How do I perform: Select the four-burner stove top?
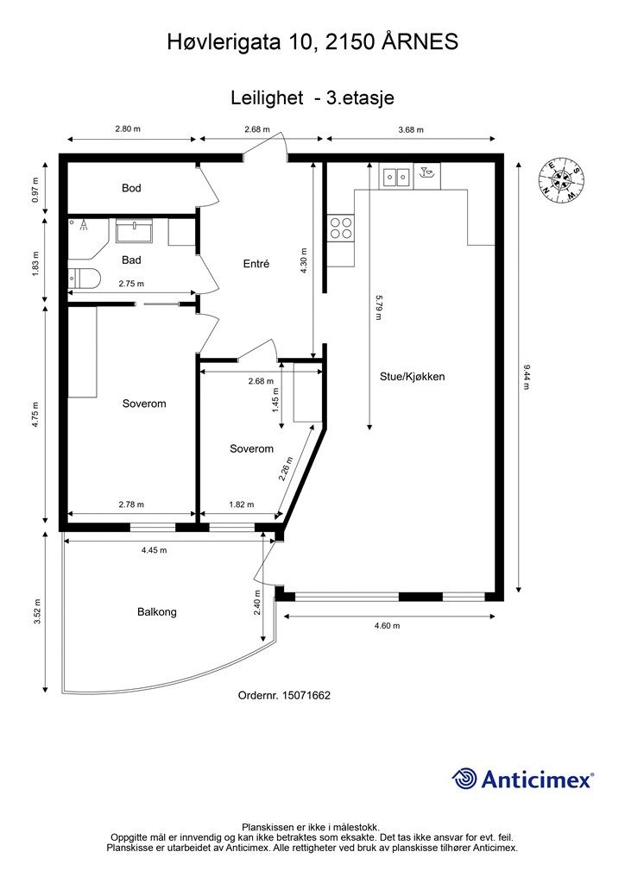pos(341,229)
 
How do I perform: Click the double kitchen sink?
pos(396,177)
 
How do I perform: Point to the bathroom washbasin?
pos(134,230)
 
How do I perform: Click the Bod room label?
pos(131,187)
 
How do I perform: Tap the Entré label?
pos(256,264)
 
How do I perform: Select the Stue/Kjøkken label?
pos(412,377)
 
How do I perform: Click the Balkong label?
pos(156,611)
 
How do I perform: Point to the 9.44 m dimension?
pos(527,378)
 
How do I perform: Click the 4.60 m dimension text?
pos(388,625)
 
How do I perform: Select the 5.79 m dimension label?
pos(379,307)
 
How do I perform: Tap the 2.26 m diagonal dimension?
pos(287,468)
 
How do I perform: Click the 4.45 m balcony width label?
pos(154,550)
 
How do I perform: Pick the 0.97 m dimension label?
pos(35,191)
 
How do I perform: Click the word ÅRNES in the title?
pos(420,41)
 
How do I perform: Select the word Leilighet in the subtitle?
pos(267,98)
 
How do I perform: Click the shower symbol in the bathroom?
pos(84,225)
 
